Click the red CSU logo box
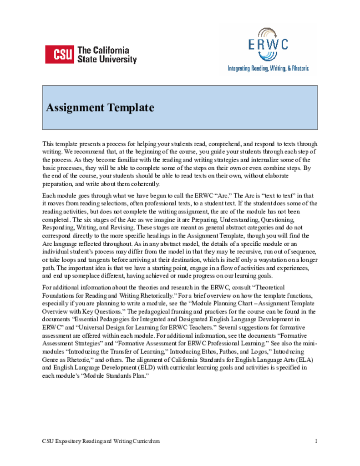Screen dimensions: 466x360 [60, 55]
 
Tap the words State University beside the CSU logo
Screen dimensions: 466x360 [107, 60]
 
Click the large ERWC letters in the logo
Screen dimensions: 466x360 [268, 45]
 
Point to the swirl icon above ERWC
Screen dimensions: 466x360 [268, 33]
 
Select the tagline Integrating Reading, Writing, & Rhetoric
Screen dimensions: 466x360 [268, 68]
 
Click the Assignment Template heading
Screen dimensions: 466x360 [100, 108]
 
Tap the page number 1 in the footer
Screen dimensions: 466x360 [315, 441]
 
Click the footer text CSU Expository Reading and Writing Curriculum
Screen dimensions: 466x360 [101, 441]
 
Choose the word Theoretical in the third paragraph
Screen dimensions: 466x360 [269, 288]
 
